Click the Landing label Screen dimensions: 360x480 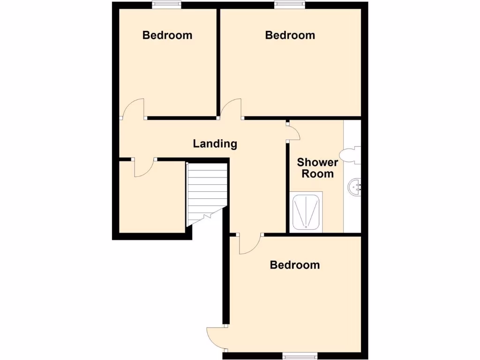(x=215, y=144)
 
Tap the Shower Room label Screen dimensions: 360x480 (x=317, y=168)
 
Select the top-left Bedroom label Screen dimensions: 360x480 (x=167, y=35)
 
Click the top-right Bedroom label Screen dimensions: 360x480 (x=290, y=35)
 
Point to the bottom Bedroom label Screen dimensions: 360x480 (x=295, y=265)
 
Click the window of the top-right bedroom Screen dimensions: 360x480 (x=290, y=5)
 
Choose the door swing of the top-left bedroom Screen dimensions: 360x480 (x=135, y=108)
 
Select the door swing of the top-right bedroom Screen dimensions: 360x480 (x=232, y=108)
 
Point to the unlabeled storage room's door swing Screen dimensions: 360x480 (x=144, y=168)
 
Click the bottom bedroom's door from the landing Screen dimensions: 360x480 (x=250, y=244)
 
